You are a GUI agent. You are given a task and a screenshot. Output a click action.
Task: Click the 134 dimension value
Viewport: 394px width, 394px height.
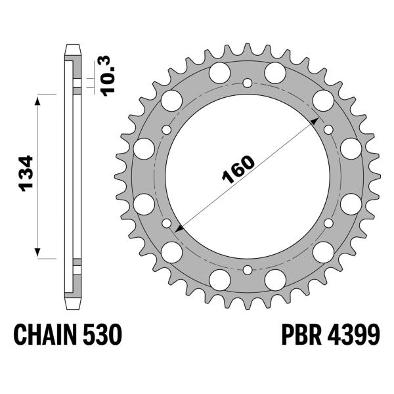click(26, 175)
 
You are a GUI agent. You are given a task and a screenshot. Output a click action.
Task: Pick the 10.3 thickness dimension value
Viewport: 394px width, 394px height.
click(109, 74)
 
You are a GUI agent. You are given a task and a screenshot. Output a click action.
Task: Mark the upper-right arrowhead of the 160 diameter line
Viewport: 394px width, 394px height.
click(315, 122)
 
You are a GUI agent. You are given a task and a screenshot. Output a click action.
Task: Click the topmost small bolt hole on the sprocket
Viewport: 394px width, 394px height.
click(247, 83)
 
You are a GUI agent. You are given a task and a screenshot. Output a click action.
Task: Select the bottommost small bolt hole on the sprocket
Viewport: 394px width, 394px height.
click(247, 270)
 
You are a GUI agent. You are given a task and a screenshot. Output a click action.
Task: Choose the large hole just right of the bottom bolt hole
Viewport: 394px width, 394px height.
click(274, 280)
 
